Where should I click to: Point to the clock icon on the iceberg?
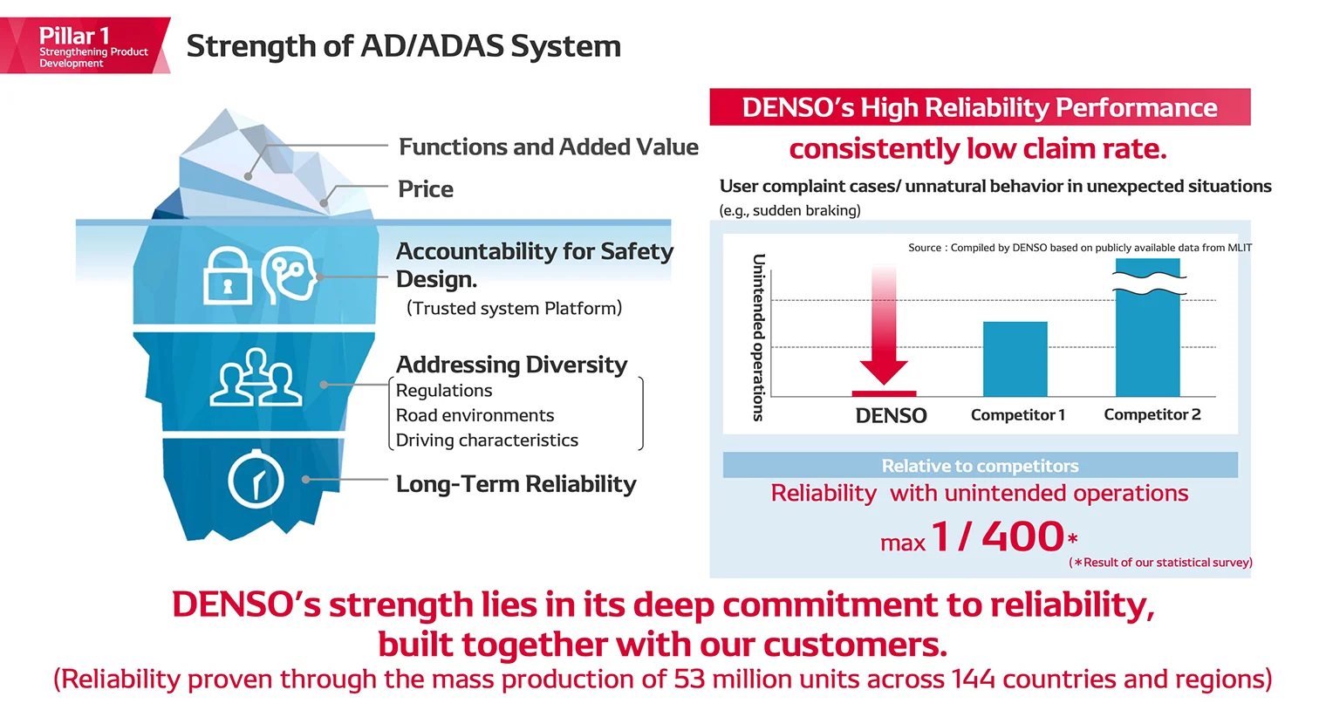pos(256,479)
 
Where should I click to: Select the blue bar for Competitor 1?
pos(1015,359)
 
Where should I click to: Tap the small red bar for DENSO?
pos(884,393)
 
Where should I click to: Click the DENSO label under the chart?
pos(891,416)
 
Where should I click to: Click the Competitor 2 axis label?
pos(1152,415)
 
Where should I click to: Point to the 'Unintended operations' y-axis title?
pos(758,338)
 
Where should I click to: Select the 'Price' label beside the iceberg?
pos(426,189)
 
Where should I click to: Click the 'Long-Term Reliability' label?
pos(516,484)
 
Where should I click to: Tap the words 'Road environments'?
pos(475,416)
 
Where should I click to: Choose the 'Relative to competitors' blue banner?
pos(980,466)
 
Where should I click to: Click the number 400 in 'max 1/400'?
pos(1022,536)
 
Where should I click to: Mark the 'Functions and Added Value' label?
pos(548,147)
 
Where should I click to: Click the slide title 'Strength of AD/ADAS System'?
pos(403,46)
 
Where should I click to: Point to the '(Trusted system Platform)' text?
pos(514,309)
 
